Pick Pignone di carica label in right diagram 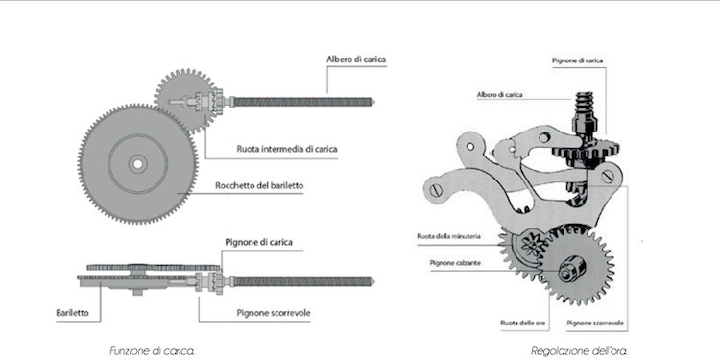click(x=577, y=60)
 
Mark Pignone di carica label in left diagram click(x=258, y=241)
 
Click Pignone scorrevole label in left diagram click(x=270, y=311)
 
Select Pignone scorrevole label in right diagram click(x=595, y=323)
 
